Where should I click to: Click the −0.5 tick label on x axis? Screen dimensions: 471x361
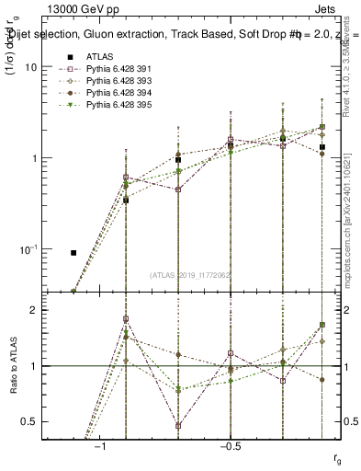(228, 444)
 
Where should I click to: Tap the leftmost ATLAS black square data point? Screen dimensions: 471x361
(73, 252)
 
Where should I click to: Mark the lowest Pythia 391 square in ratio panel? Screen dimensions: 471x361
(177, 426)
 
